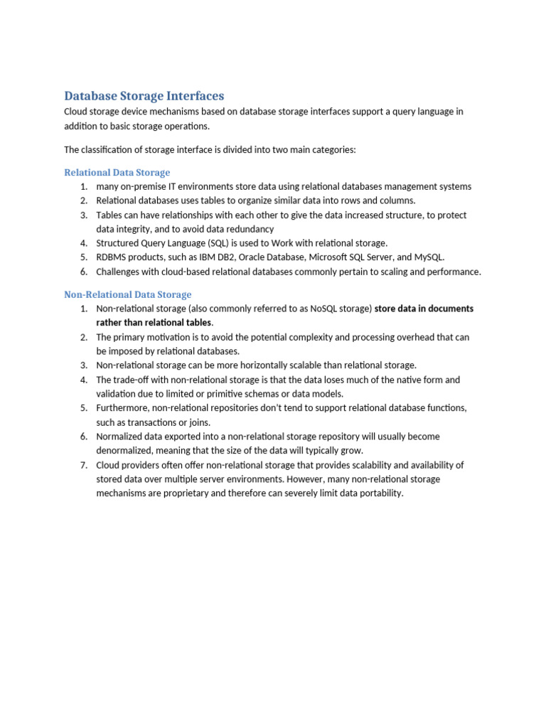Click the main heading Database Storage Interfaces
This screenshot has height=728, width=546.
point(144,96)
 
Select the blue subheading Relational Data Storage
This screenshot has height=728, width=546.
point(117,172)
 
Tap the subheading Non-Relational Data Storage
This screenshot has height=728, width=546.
point(127,294)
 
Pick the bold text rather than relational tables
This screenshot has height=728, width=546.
point(154,323)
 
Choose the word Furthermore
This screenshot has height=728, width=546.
point(122,408)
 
